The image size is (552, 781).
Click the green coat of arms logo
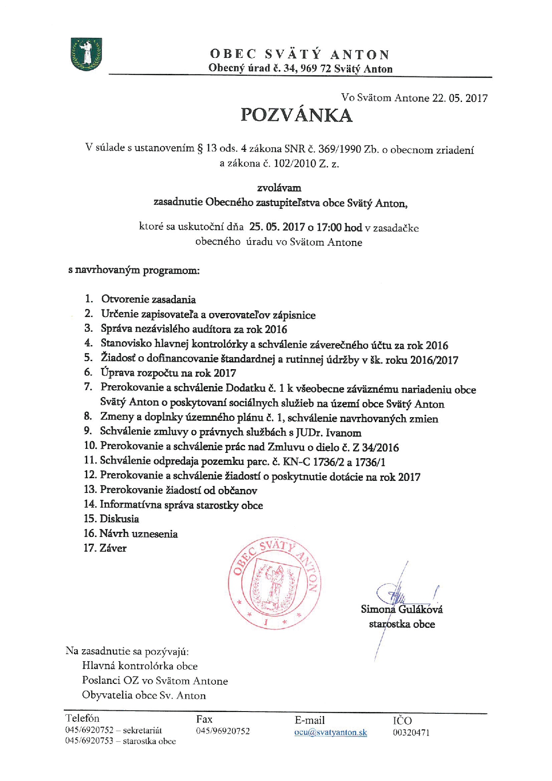tap(86, 54)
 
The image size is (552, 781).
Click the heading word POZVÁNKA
tap(296, 115)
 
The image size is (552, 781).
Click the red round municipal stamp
tap(275, 583)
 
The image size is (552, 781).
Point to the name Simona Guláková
tap(402, 609)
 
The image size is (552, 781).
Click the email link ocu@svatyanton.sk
tap(330, 732)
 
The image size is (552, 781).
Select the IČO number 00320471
tap(411, 732)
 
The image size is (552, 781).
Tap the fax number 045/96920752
tap(223, 731)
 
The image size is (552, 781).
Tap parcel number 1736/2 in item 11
tap(329, 462)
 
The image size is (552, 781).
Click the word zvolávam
tap(279, 188)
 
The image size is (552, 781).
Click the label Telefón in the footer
tap(82, 718)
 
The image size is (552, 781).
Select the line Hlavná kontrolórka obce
tap(140, 666)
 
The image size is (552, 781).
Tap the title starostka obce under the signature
tap(402, 624)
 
